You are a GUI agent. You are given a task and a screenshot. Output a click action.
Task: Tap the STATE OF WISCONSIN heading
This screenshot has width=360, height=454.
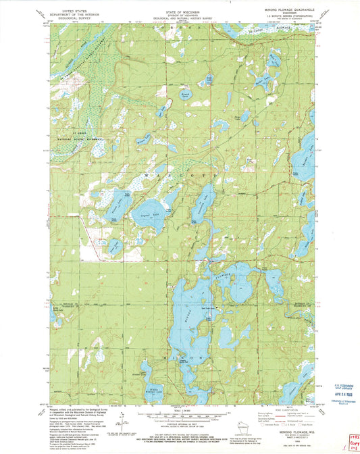coord(180,5)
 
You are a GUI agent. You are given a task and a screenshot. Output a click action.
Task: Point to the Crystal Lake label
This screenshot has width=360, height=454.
coord(144,215)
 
